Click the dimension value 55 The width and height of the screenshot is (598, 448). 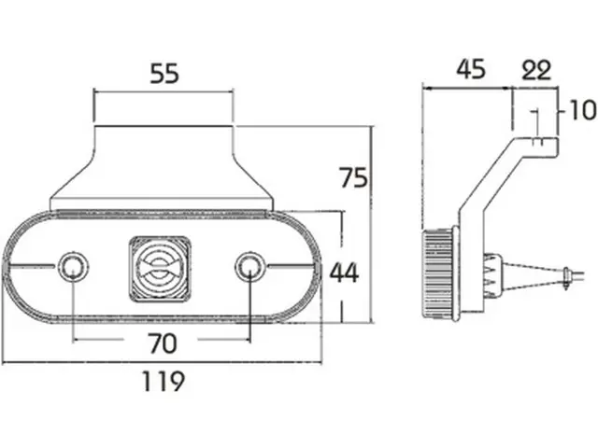click(x=164, y=74)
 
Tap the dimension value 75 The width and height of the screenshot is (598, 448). click(x=354, y=177)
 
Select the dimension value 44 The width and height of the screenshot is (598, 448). click(x=345, y=273)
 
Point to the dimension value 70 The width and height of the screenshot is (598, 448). click(x=163, y=343)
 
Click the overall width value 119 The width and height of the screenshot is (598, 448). click(x=164, y=381)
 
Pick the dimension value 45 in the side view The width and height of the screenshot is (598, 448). click(x=471, y=69)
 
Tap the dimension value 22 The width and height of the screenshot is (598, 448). click(x=536, y=70)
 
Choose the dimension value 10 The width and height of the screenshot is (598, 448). click(x=582, y=110)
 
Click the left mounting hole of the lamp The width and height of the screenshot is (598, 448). click(x=73, y=266)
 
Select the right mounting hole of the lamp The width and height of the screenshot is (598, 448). click(x=249, y=266)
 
